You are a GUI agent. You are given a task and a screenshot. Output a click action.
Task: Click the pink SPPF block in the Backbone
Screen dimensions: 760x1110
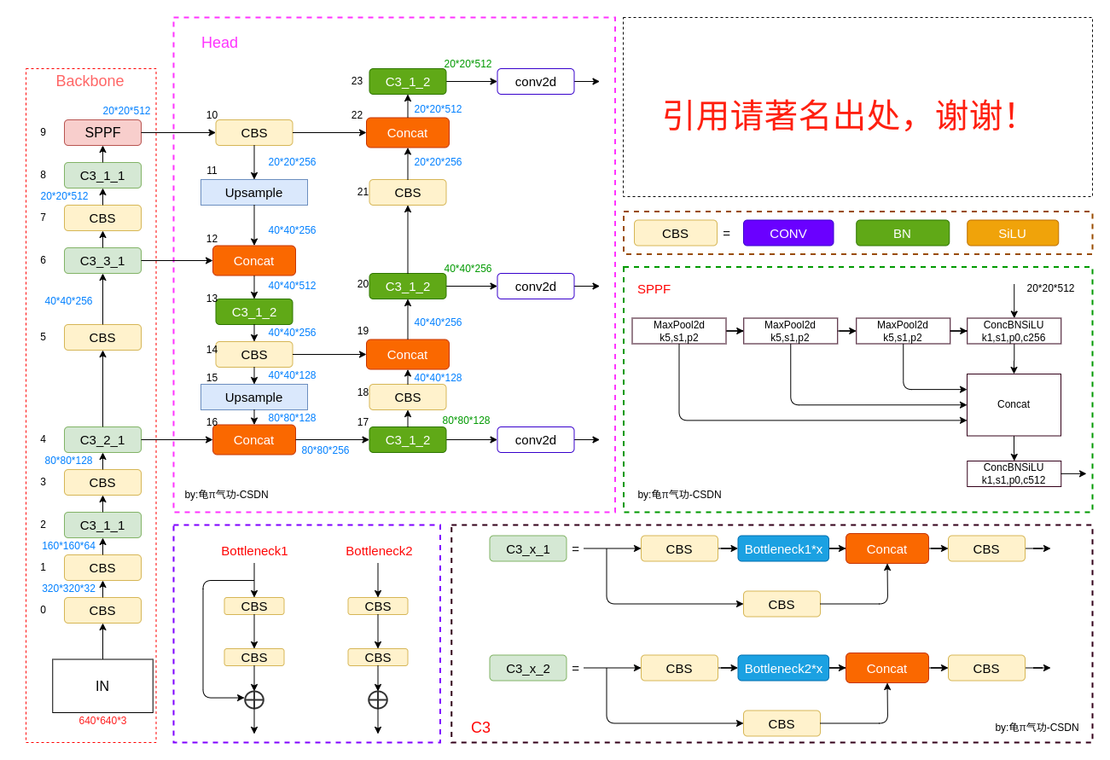pyautogui.click(x=102, y=132)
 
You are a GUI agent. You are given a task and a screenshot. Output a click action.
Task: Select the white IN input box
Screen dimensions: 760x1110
pyautogui.click(x=102, y=686)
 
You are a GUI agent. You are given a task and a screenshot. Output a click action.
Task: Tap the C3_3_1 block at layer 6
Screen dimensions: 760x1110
pyautogui.click(x=102, y=260)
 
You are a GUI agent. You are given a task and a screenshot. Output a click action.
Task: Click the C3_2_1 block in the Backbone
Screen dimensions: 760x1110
pyautogui.click(x=102, y=439)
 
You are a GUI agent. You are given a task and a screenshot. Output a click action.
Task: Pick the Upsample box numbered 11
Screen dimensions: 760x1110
pyautogui.click(x=253, y=192)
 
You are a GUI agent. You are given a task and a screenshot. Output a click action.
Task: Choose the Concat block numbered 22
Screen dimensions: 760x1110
pyautogui.click(x=407, y=132)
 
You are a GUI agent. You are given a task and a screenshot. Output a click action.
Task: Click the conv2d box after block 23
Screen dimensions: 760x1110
pyautogui.click(x=535, y=81)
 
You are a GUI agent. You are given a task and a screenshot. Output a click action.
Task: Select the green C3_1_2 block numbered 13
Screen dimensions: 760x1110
pyautogui.click(x=253, y=311)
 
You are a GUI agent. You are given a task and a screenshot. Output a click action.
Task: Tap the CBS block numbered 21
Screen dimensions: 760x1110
pyautogui.click(x=407, y=192)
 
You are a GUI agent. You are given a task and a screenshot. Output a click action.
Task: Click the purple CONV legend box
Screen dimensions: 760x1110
pyautogui.click(x=787, y=233)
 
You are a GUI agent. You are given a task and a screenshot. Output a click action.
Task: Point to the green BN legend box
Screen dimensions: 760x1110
pyautogui.click(x=902, y=233)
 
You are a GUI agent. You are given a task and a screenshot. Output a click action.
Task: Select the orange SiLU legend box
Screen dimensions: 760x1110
pyautogui.click(x=1012, y=233)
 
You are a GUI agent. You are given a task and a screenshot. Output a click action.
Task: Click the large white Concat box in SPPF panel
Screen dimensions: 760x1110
pyautogui.click(x=1013, y=404)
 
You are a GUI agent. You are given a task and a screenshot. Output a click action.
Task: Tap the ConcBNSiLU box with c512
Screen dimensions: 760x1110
pyautogui.click(x=1013, y=473)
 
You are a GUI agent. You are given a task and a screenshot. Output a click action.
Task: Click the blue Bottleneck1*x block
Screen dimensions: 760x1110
pyautogui.click(x=782, y=548)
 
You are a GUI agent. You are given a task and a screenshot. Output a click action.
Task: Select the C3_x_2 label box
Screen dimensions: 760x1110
pyautogui.click(x=527, y=668)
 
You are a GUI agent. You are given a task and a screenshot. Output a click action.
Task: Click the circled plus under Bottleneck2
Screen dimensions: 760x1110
pyautogui.click(x=377, y=699)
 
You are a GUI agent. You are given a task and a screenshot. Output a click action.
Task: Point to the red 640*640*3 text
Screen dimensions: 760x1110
pyautogui.click(x=102, y=721)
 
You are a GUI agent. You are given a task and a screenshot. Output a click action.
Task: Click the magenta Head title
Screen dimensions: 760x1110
pyautogui.click(x=219, y=43)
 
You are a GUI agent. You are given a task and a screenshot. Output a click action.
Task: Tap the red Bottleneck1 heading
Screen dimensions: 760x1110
pyautogui.click(x=254, y=550)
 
